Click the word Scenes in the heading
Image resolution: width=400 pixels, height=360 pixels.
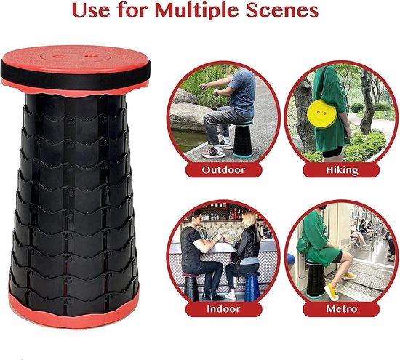point(282,10)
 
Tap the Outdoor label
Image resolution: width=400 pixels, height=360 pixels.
point(223,170)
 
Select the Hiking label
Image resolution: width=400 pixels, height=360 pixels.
point(342,170)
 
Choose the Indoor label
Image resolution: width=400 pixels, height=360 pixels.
point(223,309)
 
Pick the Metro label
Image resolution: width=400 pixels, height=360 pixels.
point(342,309)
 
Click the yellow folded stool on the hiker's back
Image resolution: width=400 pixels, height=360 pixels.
point(322,113)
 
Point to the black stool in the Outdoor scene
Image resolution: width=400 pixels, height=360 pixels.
point(243,139)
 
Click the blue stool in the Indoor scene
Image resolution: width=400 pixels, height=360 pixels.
point(252,287)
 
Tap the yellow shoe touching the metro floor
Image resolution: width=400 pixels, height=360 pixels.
point(331,292)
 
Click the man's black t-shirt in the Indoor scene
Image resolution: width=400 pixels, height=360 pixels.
point(190,245)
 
